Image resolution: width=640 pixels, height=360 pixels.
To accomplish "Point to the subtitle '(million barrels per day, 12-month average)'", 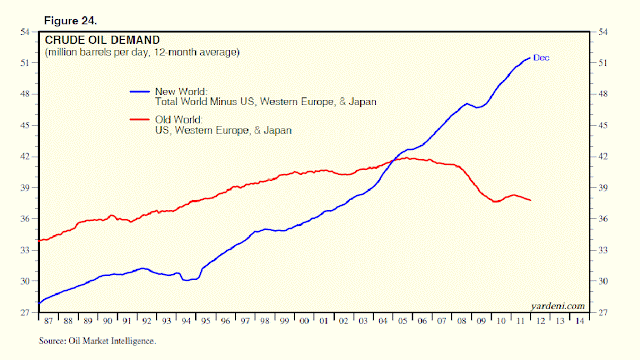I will pos(140,51).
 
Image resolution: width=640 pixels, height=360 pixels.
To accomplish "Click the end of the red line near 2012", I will pos(530,201).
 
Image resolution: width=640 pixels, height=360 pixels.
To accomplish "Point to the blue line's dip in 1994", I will pos(188,280).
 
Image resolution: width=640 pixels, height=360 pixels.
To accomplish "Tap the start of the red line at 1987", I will pos(37,240).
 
